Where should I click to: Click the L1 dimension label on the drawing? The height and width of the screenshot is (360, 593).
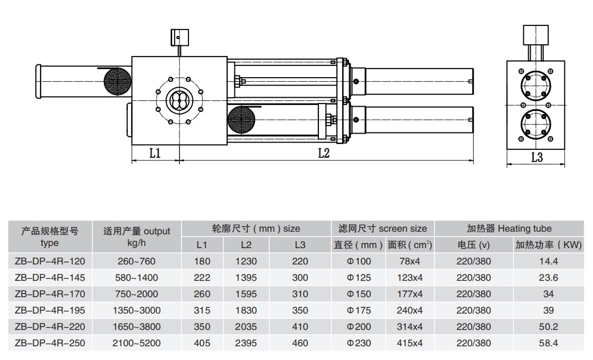(x=155, y=153)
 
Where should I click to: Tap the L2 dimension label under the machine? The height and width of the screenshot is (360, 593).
(x=324, y=153)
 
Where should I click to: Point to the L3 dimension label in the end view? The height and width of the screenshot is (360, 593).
(x=537, y=157)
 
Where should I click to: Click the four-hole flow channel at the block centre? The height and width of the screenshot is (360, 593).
(x=180, y=101)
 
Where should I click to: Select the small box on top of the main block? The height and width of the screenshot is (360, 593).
(x=180, y=37)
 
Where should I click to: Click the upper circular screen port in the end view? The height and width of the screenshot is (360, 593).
(x=535, y=85)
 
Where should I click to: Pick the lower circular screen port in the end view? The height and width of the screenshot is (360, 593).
(x=535, y=124)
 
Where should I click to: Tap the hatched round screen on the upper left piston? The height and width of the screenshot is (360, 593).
(x=118, y=81)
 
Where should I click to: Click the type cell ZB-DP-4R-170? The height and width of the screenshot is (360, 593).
(x=50, y=294)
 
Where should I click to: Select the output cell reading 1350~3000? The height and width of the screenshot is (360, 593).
(x=137, y=310)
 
